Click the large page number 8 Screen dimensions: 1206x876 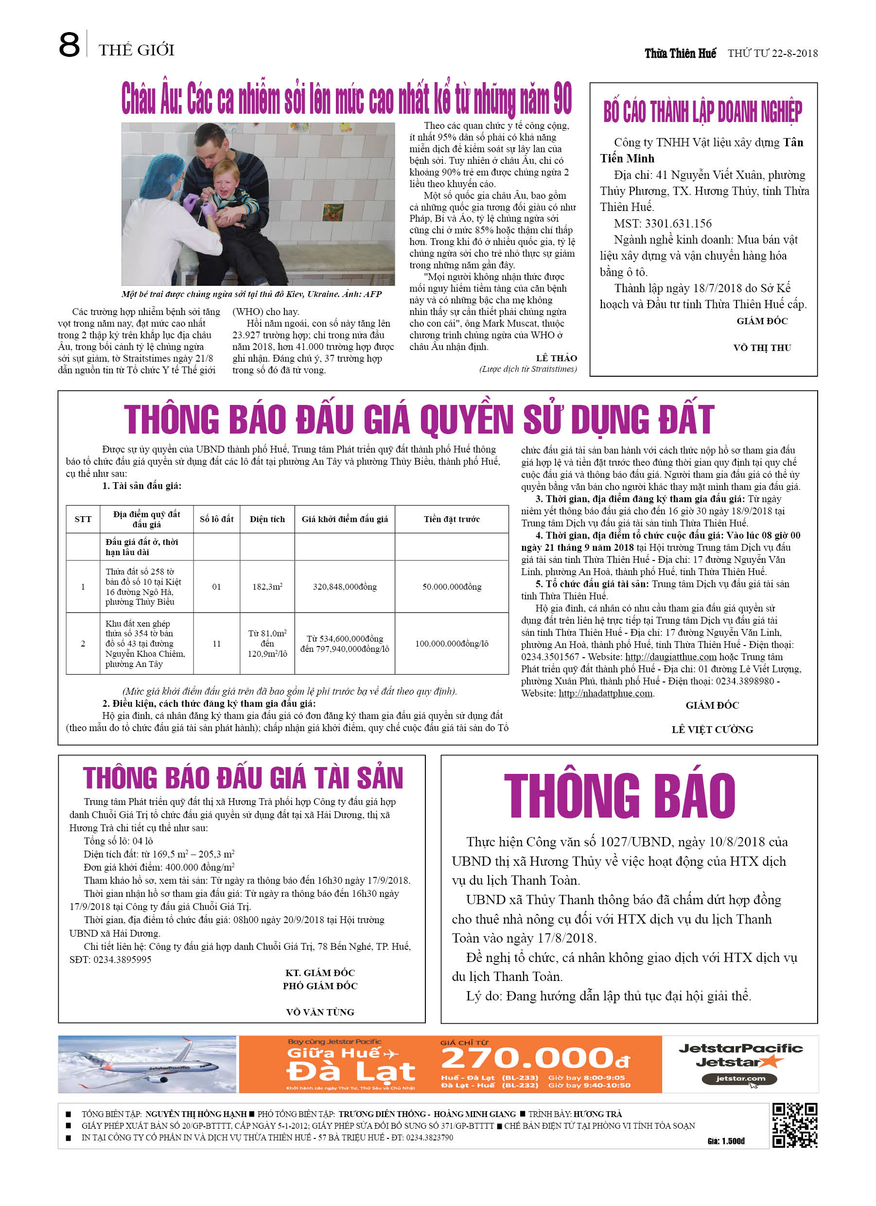pyautogui.click(x=69, y=45)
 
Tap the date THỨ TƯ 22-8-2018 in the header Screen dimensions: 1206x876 pyautogui.click(x=772, y=53)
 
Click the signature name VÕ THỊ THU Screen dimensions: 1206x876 pyautogui.click(x=762, y=348)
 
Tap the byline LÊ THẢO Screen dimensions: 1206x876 pyautogui.click(x=556, y=358)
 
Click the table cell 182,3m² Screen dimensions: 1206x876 pyautogui.click(x=267, y=587)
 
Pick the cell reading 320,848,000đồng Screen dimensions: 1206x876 pyautogui.click(x=345, y=587)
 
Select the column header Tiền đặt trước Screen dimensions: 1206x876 pyautogui.click(x=452, y=519)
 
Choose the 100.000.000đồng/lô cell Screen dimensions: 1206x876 pyautogui.click(x=452, y=644)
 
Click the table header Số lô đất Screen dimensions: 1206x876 pyautogui.click(x=216, y=519)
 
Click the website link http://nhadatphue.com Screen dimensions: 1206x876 pyautogui.click(x=605, y=693)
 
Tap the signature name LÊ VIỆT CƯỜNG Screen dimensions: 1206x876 pyautogui.click(x=712, y=730)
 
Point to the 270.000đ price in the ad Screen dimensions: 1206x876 pyautogui.click(x=535, y=1058)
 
